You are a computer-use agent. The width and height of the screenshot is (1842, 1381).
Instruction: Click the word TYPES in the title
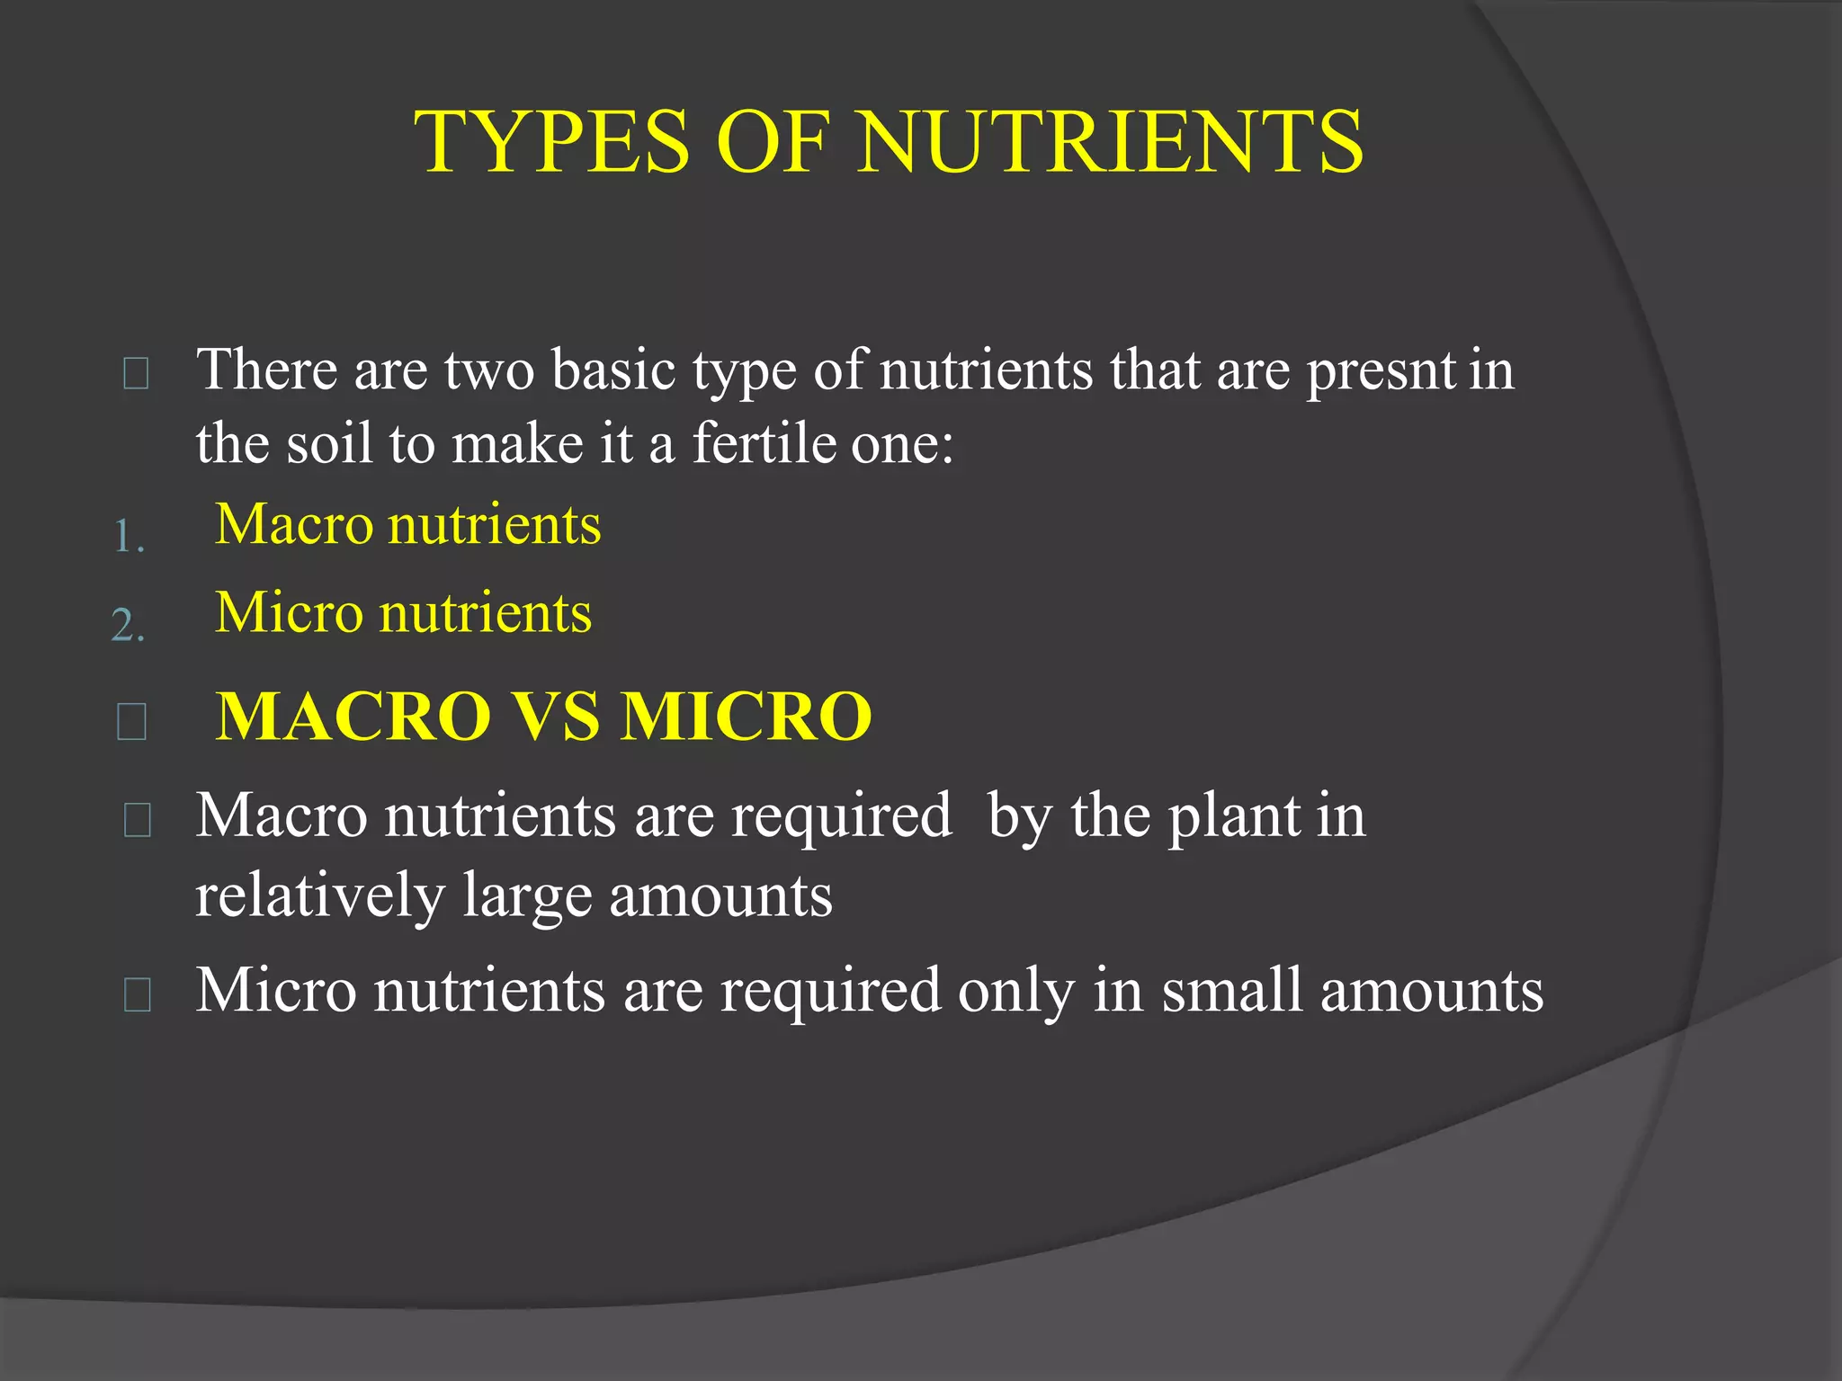pos(551,142)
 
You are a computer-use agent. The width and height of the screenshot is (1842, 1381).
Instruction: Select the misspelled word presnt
pos(1381,371)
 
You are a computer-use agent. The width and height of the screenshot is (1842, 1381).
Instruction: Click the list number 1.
pos(128,538)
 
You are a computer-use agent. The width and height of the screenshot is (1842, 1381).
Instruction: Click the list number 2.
pos(128,625)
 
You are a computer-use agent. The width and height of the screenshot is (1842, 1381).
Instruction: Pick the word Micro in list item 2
pos(288,613)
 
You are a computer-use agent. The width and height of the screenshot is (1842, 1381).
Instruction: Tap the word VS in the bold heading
pos(556,717)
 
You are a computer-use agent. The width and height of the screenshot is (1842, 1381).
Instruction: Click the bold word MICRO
pos(747,717)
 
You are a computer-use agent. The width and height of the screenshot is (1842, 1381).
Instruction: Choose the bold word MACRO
pos(353,717)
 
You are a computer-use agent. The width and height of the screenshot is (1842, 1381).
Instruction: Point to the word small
pos(1232,991)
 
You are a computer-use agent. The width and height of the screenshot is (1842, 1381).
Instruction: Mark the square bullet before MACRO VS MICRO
pos(132,721)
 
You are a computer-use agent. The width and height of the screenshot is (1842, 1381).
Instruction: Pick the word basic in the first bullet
pos(613,370)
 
